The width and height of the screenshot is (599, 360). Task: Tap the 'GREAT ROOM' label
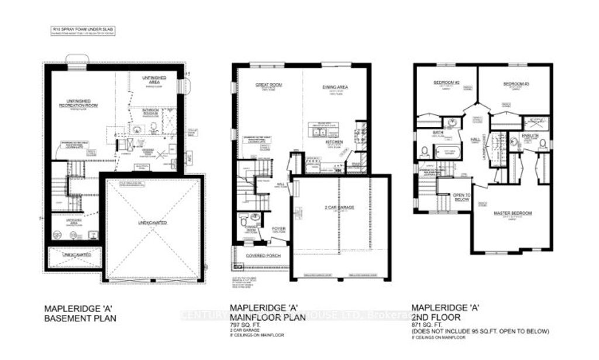(x=268, y=85)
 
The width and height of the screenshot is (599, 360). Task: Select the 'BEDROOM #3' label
(x=516, y=84)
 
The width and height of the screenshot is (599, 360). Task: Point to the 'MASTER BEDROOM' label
(x=512, y=213)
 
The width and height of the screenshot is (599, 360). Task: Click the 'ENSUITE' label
(x=529, y=135)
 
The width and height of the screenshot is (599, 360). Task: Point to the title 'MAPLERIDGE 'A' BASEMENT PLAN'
(x=81, y=313)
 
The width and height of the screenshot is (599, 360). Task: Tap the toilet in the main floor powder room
(x=243, y=223)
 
